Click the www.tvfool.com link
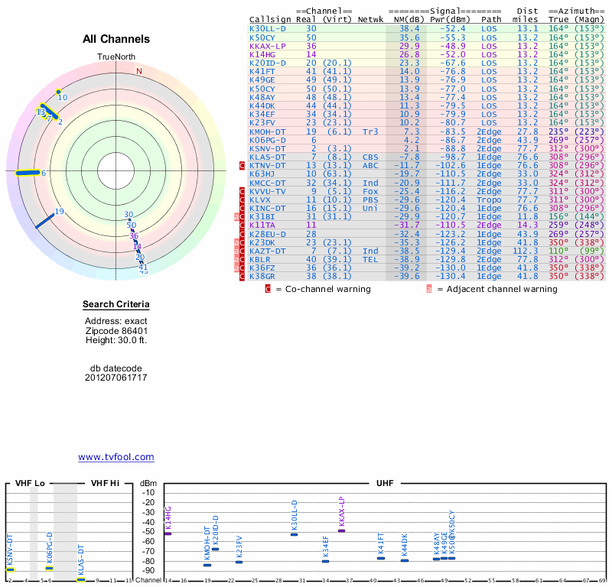(x=116, y=457)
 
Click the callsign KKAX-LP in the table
(x=267, y=46)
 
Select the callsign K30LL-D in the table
(x=268, y=28)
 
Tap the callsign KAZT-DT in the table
(x=268, y=251)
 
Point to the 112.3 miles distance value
(x=525, y=251)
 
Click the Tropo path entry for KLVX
(x=491, y=199)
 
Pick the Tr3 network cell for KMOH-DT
(x=370, y=131)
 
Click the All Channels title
(x=116, y=39)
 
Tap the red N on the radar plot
(x=139, y=72)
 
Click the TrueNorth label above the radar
(x=116, y=57)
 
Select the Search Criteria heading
(x=116, y=306)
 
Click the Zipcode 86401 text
(x=116, y=330)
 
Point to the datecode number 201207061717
(x=116, y=378)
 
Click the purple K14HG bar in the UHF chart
(x=168, y=533)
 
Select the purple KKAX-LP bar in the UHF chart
(x=341, y=530)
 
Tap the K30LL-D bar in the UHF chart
(x=294, y=533)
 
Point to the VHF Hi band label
(x=106, y=483)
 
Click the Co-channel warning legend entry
(x=322, y=289)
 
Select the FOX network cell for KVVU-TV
(x=370, y=191)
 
